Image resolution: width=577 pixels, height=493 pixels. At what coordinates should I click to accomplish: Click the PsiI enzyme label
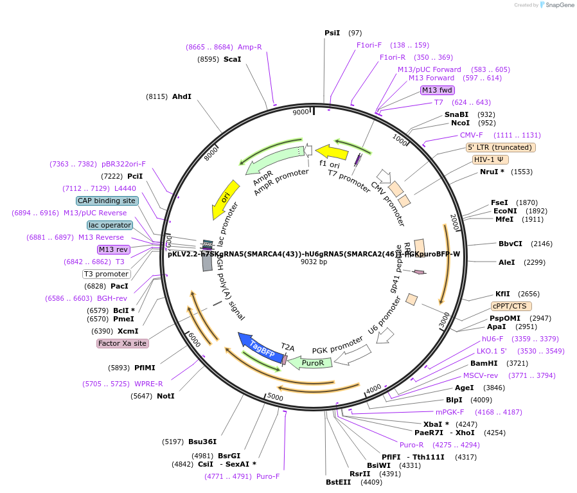coord(332,33)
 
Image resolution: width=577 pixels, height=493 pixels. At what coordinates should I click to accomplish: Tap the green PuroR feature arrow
coord(311,363)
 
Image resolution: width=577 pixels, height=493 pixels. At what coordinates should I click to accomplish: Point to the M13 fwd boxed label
coord(438,90)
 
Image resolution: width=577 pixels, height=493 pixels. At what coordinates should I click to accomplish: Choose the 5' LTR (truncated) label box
coord(501,147)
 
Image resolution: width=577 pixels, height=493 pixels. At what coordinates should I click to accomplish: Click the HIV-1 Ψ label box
coord(490,159)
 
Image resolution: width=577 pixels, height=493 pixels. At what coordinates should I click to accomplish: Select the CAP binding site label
coord(107,201)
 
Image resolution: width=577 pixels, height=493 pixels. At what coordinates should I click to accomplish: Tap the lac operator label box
coord(110,225)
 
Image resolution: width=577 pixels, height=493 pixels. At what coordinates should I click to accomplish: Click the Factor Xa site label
coord(123,343)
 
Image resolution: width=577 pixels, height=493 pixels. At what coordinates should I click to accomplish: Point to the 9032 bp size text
coord(314,262)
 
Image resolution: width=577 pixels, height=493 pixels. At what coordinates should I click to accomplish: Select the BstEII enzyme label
coord(338,481)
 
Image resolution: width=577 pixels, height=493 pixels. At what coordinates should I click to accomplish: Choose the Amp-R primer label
coord(249,47)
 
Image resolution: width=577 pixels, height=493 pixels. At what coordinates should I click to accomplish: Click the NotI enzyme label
coord(165,396)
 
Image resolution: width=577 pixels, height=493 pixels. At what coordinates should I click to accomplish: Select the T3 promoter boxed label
coord(107,274)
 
